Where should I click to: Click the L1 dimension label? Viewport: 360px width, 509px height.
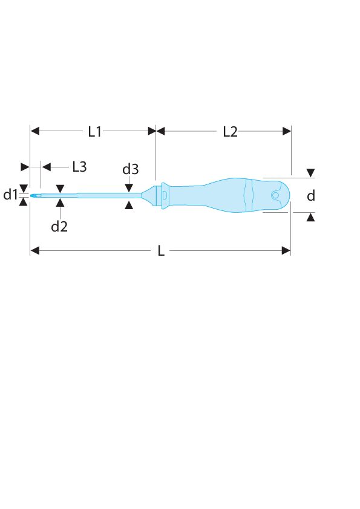click(x=95, y=131)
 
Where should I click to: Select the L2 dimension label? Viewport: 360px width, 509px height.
click(x=230, y=131)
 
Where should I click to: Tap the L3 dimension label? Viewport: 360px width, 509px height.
click(x=79, y=167)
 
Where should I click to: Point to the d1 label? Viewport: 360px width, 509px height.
click(x=10, y=195)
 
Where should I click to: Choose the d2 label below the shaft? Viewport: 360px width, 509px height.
click(x=59, y=226)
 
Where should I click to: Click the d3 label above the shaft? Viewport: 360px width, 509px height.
click(x=130, y=169)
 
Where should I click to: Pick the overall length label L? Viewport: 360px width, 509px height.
click(x=161, y=251)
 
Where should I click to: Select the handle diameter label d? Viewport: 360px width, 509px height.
click(x=311, y=195)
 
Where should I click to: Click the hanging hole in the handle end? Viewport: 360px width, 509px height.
click(x=275, y=195)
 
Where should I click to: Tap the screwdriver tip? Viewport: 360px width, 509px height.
click(x=33, y=195)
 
